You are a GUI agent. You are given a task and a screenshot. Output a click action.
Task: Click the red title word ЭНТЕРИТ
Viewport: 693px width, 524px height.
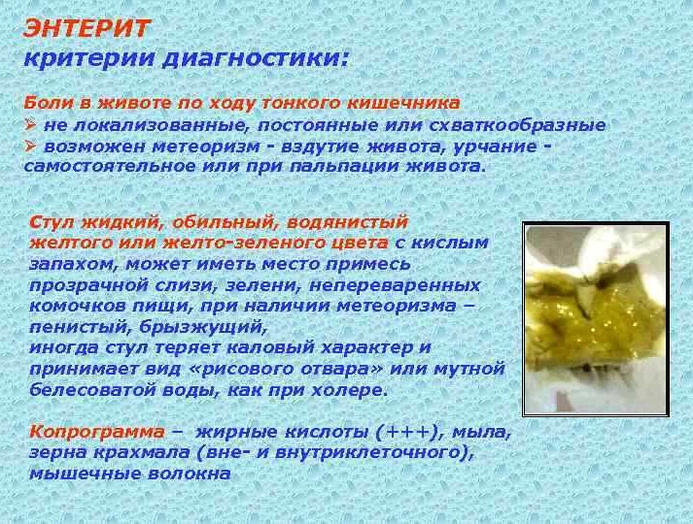pos(87,29)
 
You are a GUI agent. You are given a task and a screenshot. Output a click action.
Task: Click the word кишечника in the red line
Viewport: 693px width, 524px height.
pos(403,103)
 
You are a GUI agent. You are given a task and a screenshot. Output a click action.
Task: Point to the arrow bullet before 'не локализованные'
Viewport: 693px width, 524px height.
pos(30,125)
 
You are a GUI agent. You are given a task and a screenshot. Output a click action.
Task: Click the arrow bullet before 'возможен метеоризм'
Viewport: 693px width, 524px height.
pos(30,146)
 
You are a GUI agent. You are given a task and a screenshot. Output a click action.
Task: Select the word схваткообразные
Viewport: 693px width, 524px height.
pos(517,126)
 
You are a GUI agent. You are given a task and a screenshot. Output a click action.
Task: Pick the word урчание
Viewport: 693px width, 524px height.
pos(494,147)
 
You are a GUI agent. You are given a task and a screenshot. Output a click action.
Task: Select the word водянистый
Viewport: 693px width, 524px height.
pos(347,222)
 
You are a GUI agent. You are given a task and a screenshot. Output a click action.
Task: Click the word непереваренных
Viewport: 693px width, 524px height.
pos(395,285)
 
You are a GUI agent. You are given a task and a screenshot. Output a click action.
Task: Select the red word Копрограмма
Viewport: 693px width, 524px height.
pos(97,432)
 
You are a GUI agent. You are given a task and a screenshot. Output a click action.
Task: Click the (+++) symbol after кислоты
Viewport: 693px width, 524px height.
pos(410,432)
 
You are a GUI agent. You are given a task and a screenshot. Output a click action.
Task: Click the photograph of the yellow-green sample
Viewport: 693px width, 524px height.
pos(596,319)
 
